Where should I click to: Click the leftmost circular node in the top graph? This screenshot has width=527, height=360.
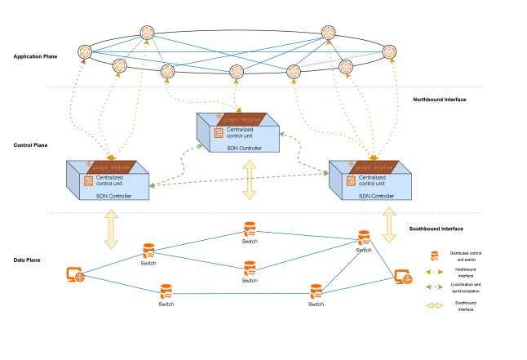[85, 51]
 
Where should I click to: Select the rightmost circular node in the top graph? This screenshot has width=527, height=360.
[389, 51]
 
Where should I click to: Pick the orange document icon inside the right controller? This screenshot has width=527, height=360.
[351, 180]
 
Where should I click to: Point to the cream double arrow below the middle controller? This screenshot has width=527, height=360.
[250, 180]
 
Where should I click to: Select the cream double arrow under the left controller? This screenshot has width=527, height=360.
[111, 229]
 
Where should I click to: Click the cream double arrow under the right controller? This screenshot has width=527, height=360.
[389, 225]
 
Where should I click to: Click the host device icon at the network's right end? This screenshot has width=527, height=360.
[402, 277]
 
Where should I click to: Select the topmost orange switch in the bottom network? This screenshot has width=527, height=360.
[250, 229]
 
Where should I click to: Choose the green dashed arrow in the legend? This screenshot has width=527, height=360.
[435, 287]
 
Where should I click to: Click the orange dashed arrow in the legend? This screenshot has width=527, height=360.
[435, 272]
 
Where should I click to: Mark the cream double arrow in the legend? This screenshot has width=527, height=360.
[435, 305]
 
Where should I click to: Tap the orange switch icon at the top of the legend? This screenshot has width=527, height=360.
[435, 256]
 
